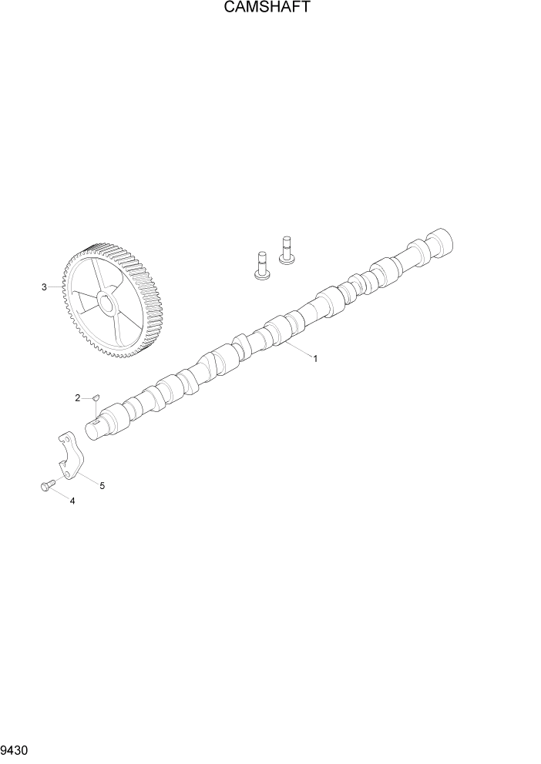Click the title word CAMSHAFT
(270, 8)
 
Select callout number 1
(315, 358)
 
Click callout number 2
(78, 397)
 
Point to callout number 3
(44, 287)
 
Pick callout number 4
(72, 501)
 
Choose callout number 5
(102, 485)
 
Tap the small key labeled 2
(96, 397)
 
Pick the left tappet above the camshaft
(261, 266)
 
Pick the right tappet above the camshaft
(287, 250)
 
